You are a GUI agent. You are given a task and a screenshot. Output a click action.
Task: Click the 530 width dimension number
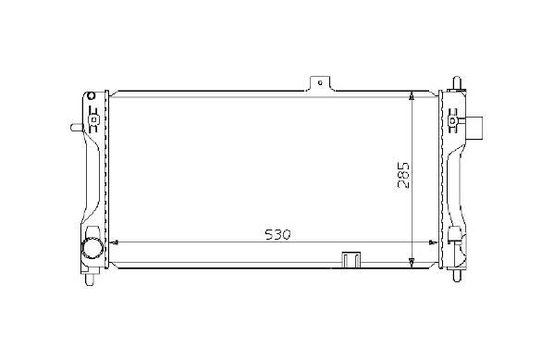pyautogui.click(x=277, y=234)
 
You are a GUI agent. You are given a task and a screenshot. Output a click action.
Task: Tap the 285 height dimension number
pyautogui.click(x=403, y=176)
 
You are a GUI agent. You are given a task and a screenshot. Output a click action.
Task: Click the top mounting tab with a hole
pyautogui.click(x=320, y=84)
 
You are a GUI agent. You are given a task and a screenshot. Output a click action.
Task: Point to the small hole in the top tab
pyautogui.click(x=320, y=83)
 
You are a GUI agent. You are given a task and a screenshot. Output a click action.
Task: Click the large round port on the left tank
pyautogui.click(x=92, y=247)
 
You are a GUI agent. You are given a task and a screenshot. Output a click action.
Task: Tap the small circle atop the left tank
pyautogui.click(x=92, y=96)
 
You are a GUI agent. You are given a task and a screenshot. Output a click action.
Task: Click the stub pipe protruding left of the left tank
pyautogui.click(x=77, y=128)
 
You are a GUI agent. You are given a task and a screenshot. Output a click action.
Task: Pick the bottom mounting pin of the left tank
pyautogui.click(x=90, y=279)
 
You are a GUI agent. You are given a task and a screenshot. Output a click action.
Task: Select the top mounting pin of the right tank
pyautogui.click(x=457, y=83)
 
